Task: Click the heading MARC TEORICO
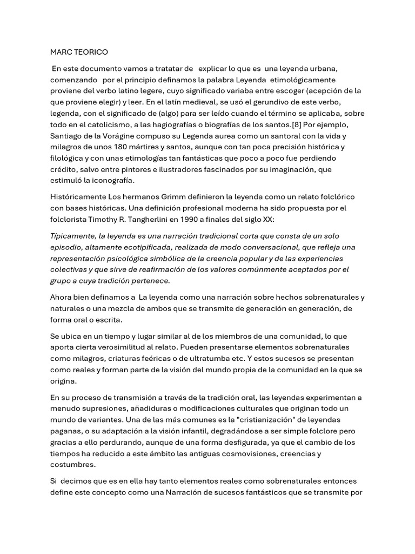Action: [79, 52]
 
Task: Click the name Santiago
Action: [68, 136]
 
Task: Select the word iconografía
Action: [108, 180]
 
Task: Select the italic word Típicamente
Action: [72, 236]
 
